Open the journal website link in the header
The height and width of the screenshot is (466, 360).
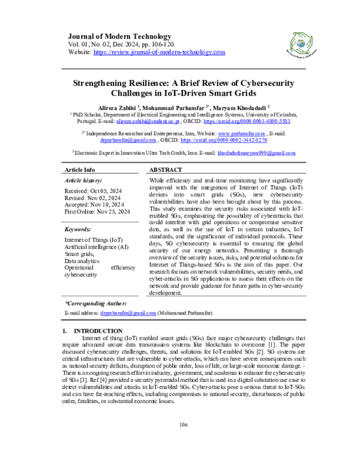159,52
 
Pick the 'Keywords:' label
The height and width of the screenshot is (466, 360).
77,230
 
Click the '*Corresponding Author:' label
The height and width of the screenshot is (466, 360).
95,305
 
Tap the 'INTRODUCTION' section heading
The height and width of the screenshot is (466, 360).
98,331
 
